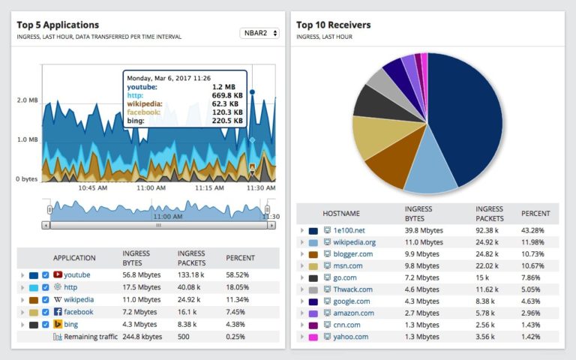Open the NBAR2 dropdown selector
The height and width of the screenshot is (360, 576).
click(259, 33)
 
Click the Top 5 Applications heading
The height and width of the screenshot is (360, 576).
click(58, 25)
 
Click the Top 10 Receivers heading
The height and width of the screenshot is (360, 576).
click(333, 25)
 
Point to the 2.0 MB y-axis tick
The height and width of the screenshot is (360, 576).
click(28, 100)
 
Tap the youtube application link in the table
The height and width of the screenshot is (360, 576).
click(76, 274)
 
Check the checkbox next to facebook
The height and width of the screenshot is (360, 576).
click(46, 312)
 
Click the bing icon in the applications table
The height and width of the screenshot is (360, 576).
click(57, 325)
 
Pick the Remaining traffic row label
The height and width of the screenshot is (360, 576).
click(91, 337)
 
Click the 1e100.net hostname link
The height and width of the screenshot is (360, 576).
click(349, 230)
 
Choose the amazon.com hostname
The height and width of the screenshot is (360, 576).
click(353, 313)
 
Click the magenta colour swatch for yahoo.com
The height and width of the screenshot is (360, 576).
click(313, 337)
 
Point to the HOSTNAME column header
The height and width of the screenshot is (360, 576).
click(340, 214)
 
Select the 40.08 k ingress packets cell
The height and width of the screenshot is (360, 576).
click(193, 287)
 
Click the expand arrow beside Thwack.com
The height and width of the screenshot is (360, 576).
click(301, 289)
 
